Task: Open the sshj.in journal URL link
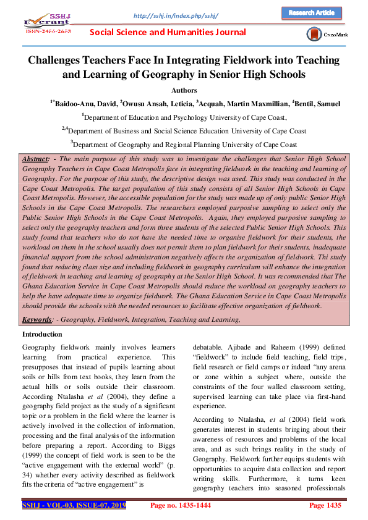[176, 14]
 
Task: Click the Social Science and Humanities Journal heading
[168, 32]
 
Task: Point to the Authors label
[184, 90]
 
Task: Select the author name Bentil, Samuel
[317, 104]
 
